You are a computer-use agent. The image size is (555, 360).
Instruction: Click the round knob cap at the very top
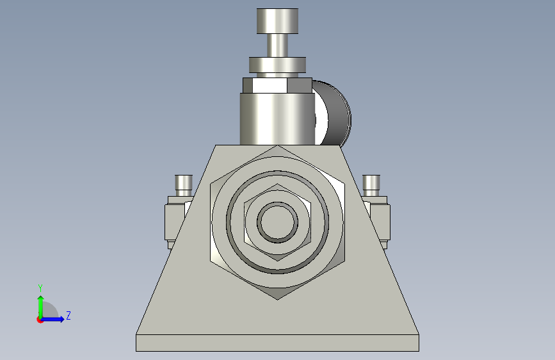click(x=277, y=20)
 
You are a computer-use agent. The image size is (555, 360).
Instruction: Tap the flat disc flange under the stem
click(x=278, y=65)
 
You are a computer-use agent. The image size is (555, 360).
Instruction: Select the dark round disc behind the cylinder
click(x=333, y=115)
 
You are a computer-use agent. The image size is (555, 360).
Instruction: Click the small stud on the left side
click(x=184, y=184)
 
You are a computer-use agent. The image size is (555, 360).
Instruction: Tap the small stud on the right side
click(x=371, y=184)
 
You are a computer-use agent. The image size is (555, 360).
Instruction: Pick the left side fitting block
click(x=173, y=221)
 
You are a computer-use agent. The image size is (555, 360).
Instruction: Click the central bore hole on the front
click(x=278, y=222)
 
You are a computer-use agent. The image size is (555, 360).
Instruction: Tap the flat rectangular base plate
click(x=277, y=343)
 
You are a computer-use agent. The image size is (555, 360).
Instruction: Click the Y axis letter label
click(x=40, y=288)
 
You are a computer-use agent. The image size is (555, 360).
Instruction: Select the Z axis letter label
click(x=68, y=316)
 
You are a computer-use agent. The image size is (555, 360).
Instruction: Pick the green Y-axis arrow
click(x=40, y=304)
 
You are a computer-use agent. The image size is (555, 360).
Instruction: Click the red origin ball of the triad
click(x=40, y=319)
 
